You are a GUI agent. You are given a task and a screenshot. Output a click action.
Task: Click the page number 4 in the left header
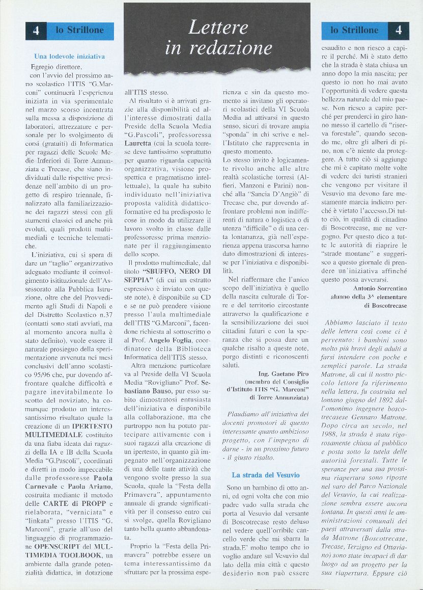tap(36, 31)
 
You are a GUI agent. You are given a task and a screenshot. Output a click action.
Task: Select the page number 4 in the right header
tap(399, 31)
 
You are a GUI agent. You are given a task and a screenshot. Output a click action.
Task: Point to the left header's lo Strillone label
tap(80, 31)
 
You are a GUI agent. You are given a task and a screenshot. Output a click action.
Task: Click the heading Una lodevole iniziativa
tap(69, 56)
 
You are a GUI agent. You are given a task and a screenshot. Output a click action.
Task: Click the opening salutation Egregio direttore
tap(56, 67)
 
